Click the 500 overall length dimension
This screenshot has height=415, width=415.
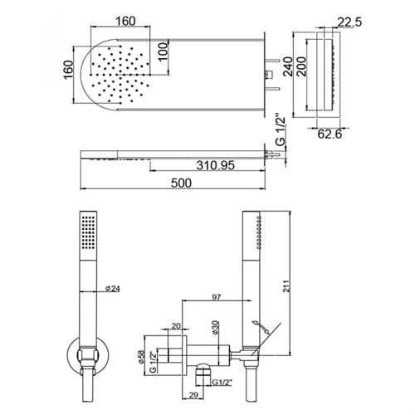pyautogui.click(x=181, y=183)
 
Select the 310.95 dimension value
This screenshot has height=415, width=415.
pyautogui.click(x=216, y=165)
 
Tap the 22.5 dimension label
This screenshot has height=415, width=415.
pyautogui.click(x=349, y=22)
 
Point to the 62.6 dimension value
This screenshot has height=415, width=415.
pyautogui.click(x=330, y=134)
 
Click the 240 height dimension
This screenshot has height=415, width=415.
pyautogui.click(x=288, y=66)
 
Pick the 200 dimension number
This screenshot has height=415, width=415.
pyautogui.click(x=301, y=66)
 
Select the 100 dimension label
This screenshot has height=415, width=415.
pyautogui.click(x=163, y=51)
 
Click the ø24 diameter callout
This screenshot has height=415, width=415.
pyautogui.click(x=113, y=289)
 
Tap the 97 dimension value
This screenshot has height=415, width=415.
pyautogui.click(x=217, y=297)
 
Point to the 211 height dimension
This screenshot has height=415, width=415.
pyautogui.click(x=287, y=286)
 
